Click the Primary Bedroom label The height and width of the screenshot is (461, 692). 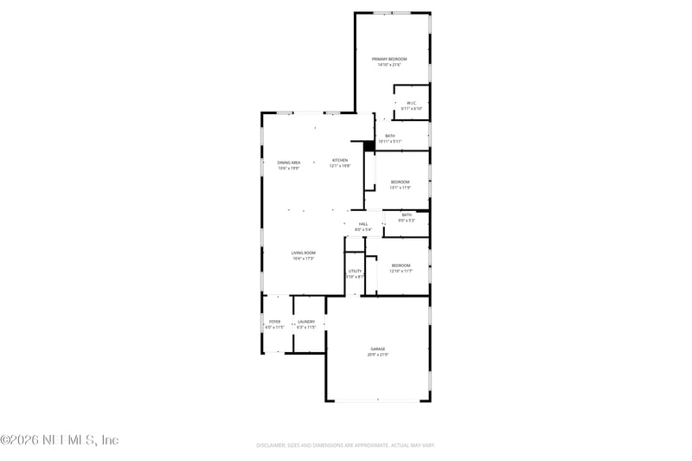click(389, 59)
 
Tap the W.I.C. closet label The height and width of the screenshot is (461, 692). click(412, 103)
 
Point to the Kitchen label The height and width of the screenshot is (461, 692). click(340, 160)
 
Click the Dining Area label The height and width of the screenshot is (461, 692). click(289, 163)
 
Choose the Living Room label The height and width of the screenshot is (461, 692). click(303, 253)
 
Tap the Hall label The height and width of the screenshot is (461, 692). click(364, 224)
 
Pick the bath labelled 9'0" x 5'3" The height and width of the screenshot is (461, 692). click(407, 215)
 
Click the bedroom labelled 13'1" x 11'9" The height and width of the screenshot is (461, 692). click(400, 182)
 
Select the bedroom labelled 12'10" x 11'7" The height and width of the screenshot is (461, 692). click(400, 266)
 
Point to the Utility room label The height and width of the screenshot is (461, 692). click(356, 271)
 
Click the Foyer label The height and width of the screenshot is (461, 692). click(274, 322)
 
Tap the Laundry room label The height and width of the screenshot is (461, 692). click(306, 322)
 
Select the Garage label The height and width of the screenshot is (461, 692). click(378, 349)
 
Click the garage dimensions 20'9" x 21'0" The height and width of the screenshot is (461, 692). click(378, 355)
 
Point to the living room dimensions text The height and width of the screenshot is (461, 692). click(303, 259)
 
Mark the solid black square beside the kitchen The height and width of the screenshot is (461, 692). click(368, 146)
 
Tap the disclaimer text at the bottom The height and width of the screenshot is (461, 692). click(345, 445)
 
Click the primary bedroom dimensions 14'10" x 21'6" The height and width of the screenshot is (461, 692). click(389, 65)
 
